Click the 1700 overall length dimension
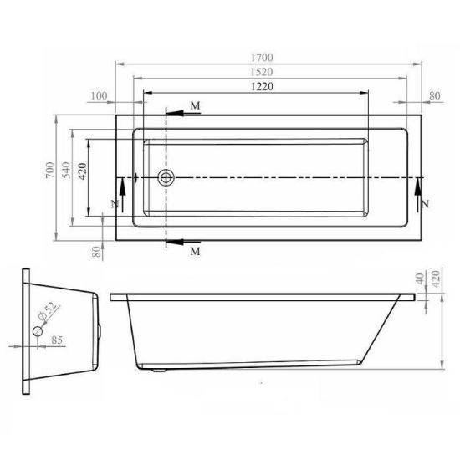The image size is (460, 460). tap(262, 58)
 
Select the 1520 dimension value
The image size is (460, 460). tap(262, 72)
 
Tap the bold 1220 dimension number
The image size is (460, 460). tap(263, 86)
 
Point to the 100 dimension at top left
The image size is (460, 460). tap(100, 96)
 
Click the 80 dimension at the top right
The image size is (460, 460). tap(435, 95)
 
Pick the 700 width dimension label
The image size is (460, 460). tap(50, 170)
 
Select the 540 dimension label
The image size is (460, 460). tap(67, 170)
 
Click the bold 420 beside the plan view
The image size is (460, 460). tap(83, 171)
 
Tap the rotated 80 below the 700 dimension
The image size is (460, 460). tap(96, 252)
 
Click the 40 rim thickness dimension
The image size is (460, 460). tap(420, 279)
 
